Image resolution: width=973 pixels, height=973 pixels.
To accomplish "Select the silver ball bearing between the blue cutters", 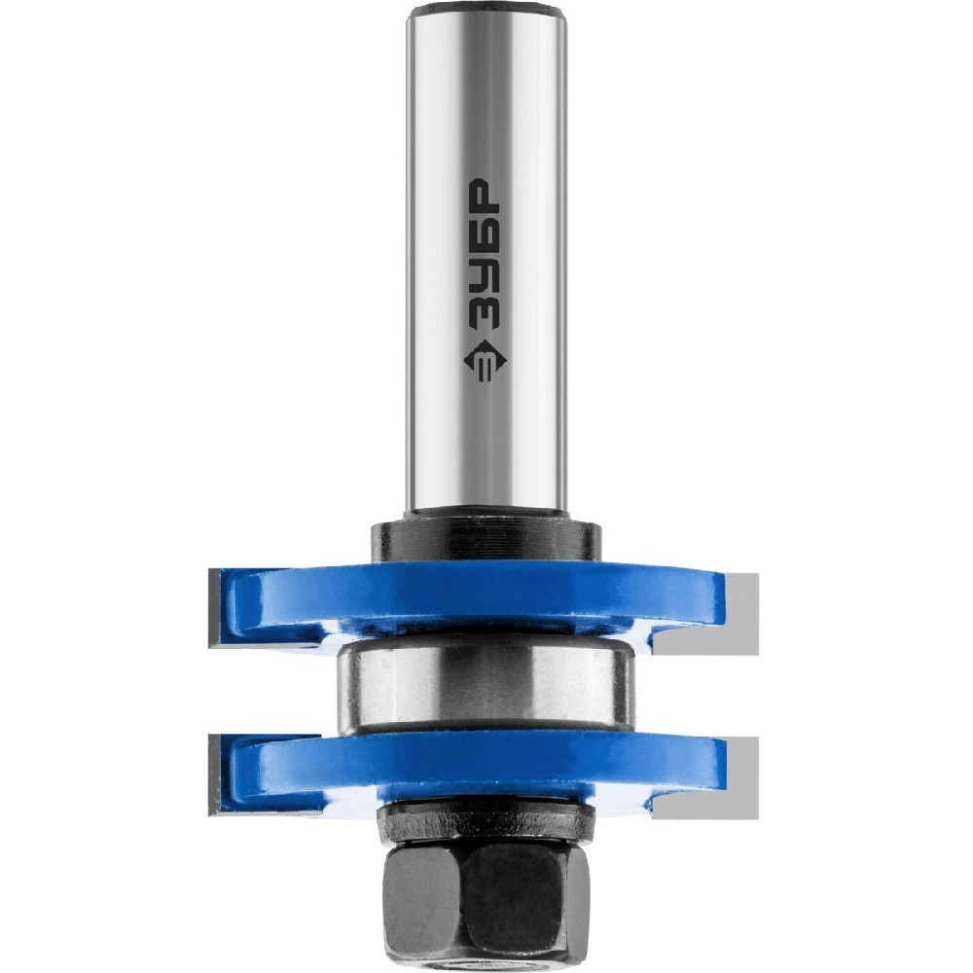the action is click(486, 686).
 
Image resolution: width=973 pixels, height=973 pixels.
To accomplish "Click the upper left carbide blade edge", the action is click(218, 605).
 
